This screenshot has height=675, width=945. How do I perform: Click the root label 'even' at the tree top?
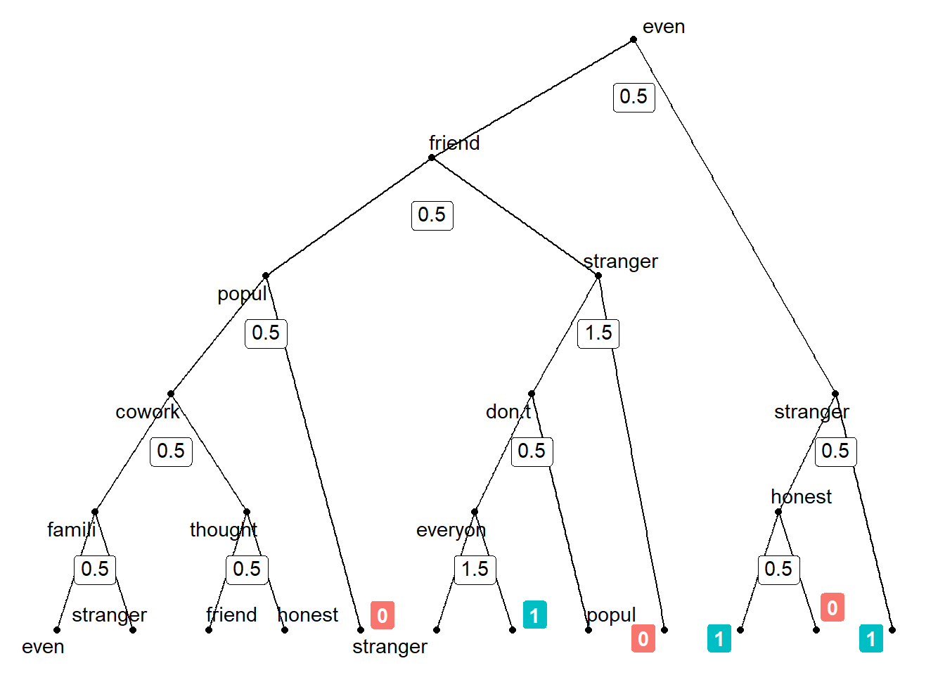663,27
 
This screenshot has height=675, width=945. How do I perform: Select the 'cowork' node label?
147,411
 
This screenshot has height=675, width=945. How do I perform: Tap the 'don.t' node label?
508,411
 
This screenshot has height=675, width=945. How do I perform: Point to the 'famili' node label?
71,529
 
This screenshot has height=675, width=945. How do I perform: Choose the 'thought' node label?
223,529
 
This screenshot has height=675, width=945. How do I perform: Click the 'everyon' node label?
451,529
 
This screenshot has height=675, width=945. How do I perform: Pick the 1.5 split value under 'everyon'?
475,569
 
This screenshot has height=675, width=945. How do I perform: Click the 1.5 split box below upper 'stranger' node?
598,333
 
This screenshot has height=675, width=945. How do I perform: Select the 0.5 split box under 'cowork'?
171,451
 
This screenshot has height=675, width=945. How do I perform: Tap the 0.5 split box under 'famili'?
95,569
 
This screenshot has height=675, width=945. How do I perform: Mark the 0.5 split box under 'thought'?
247,569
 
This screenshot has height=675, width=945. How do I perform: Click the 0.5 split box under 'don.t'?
532,451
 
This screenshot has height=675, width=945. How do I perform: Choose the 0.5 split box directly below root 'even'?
634,96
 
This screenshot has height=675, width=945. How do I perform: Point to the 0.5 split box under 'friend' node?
432,214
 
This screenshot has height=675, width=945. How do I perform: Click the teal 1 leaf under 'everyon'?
534,615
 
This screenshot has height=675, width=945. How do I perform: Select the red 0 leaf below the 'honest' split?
832,607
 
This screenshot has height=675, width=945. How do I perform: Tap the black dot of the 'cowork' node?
171,394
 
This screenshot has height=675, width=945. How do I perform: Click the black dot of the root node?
634,39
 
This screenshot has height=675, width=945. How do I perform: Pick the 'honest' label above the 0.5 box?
801,496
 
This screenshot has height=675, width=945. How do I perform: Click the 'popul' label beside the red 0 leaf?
610,615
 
